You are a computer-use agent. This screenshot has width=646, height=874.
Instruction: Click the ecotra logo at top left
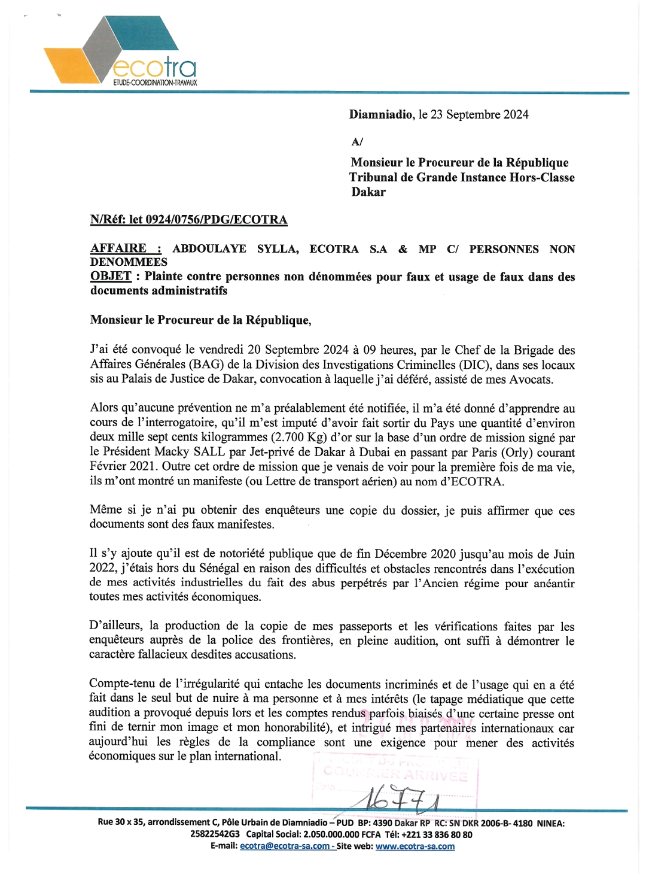tap(120, 51)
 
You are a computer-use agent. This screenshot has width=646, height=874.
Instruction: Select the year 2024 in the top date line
tap(515, 114)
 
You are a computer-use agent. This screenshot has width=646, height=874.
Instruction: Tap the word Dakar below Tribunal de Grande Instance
tap(368, 192)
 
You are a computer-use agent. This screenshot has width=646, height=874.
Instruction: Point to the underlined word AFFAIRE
tap(118, 248)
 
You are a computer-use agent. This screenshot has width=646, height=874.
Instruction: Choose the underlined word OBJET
tap(111, 277)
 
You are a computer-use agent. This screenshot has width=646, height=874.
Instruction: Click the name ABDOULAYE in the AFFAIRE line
tap(209, 249)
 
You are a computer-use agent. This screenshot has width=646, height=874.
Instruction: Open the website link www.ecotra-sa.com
tap(415, 846)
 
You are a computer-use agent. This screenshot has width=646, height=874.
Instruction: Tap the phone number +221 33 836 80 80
tap(437, 834)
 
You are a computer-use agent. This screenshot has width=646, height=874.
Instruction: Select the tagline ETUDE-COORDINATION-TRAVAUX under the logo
tap(155, 83)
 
